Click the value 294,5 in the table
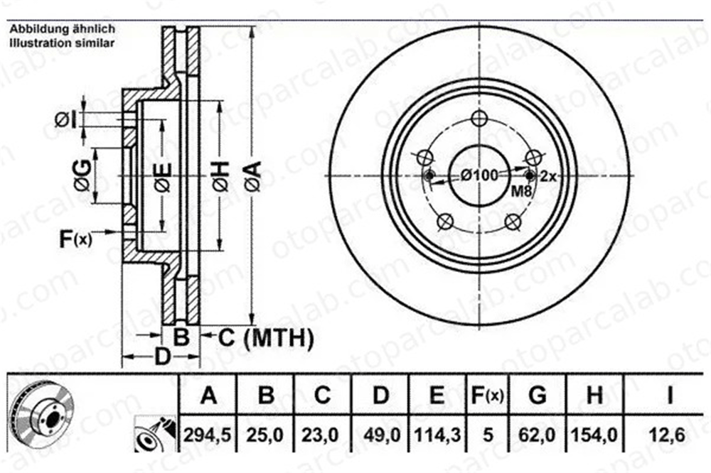point(207,435)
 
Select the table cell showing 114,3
point(437,435)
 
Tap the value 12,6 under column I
point(670,435)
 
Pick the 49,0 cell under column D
point(381,435)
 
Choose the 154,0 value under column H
point(594,435)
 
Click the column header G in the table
point(538,395)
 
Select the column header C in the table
point(322,395)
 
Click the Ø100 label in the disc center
point(479,175)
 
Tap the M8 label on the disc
point(521,191)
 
